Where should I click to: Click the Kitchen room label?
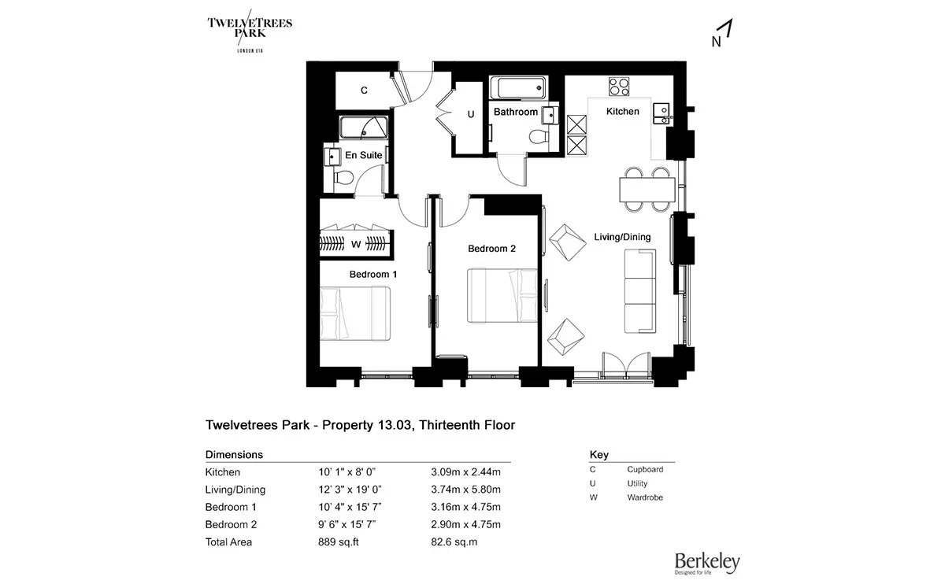[622, 112]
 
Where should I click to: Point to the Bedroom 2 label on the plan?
[491, 249]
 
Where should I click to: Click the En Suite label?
[364, 155]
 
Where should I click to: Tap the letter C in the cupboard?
[364, 91]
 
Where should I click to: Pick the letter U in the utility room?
[471, 114]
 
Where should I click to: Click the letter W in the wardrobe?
[356, 244]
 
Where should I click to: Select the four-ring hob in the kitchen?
[619, 85]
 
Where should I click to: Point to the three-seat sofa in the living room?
[639, 291]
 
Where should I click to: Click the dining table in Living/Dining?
[647, 189]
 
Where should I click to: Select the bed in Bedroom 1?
[356, 313]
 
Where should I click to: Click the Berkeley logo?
[706, 562]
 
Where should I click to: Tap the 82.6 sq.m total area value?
[454, 541]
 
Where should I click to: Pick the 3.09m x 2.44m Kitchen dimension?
[465, 472]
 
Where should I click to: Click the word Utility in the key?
[638, 483]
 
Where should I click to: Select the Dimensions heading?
[234, 455]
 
